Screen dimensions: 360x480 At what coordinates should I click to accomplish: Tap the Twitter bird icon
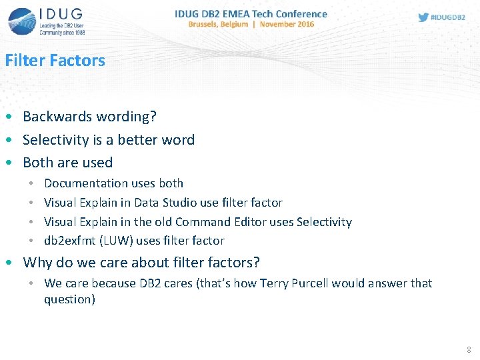[x=423, y=17]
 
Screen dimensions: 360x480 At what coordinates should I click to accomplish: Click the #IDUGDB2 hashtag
[x=448, y=17]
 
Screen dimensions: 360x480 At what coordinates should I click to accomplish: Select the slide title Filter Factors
[x=55, y=60]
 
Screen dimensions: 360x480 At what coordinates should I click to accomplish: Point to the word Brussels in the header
[x=209, y=24]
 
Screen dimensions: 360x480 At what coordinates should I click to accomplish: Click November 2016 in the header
[x=287, y=24]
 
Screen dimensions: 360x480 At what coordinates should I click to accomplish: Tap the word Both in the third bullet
[x=37, y=163]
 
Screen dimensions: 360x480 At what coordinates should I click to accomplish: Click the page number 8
[x=469, y=349]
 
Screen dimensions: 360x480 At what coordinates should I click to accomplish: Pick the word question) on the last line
[x=69, y=299]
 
